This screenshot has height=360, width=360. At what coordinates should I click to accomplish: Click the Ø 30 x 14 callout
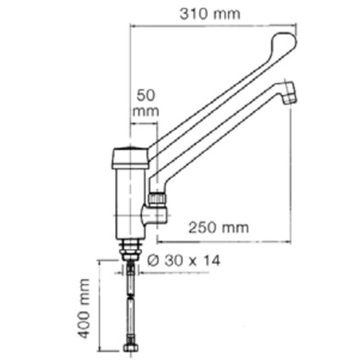[x=183, y=261]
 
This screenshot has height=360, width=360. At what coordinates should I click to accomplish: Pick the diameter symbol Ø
[x=153, y=261]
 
